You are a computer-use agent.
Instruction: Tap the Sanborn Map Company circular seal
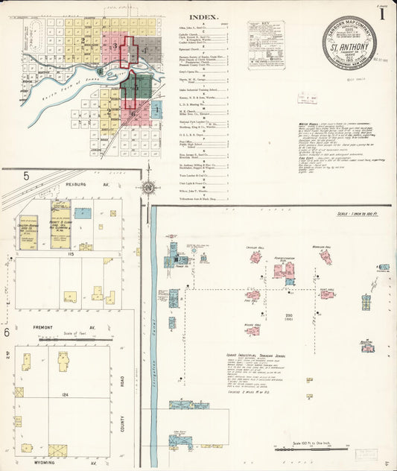(x=349, y=43)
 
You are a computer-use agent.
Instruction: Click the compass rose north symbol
(x=148, y=186)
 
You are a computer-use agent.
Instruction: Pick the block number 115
(x=71, y=255)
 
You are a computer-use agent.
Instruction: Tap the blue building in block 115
(x=83, y=213)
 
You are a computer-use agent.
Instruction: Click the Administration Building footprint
(x=284, y=270)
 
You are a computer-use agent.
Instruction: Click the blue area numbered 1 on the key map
(x=157, y=110)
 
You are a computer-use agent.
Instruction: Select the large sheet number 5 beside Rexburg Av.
(x=25, y=176)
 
